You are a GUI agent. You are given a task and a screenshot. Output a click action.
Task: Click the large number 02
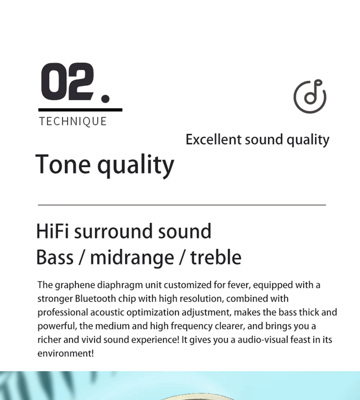[67, 81]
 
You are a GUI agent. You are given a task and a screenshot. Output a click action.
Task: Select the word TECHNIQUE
[73, 121]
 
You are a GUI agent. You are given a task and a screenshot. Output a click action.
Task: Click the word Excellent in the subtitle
[213, 140]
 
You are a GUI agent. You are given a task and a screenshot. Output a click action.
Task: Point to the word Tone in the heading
[63, 164]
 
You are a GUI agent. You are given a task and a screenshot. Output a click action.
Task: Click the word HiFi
[52, 231]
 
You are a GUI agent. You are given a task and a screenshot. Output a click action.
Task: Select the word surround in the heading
[114, 231]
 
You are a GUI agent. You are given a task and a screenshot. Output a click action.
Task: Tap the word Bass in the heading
[55, 258]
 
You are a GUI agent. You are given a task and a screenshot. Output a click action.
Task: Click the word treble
[216, 258]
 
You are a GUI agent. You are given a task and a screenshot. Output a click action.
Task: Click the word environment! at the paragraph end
[66, 354]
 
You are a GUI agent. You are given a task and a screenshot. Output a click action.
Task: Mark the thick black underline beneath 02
[80, 110]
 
